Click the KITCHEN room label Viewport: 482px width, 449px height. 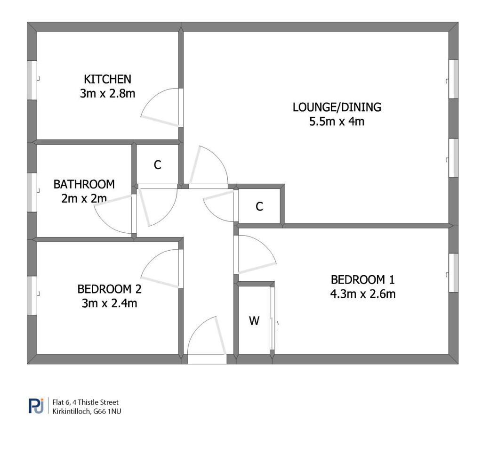[108, 79]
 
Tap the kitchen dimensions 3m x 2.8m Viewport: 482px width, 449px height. [108, 93]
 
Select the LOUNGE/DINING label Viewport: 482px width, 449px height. [337, 107]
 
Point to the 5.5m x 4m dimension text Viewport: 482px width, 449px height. [337, 121]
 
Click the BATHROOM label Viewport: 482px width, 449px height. [84, 184]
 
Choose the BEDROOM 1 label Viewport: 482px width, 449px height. [363, 280]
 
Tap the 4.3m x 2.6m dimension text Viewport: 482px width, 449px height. [363, 294]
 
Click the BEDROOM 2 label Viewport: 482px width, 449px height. [109, 289]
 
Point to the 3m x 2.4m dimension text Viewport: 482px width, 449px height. [109, 303]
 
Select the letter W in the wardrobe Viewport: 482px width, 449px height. [254, 321]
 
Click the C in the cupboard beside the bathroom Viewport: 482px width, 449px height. [157, 165]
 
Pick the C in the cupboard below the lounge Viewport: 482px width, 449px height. [259, 206]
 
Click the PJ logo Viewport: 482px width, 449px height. [36, 406]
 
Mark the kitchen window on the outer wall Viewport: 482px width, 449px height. [32, 80]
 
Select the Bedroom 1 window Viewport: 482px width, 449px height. [453, 273]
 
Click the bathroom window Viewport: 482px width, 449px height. [32, 193]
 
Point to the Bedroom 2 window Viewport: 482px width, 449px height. [32, 295]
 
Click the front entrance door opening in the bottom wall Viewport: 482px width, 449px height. [207, 359]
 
